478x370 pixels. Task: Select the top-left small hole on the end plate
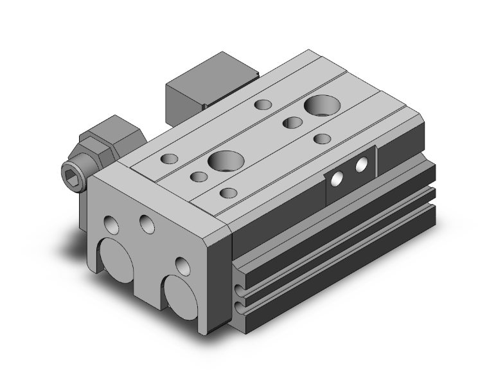coord(112,225)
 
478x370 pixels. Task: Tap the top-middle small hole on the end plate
coord(147,223)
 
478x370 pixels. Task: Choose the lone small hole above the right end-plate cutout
coord(183,264)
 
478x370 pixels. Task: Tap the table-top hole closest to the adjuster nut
coord(169,158)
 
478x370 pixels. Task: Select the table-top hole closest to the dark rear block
coord(262,104)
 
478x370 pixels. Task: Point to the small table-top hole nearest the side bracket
coord(321,138)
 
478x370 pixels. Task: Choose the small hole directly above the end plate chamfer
coord(227,192)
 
